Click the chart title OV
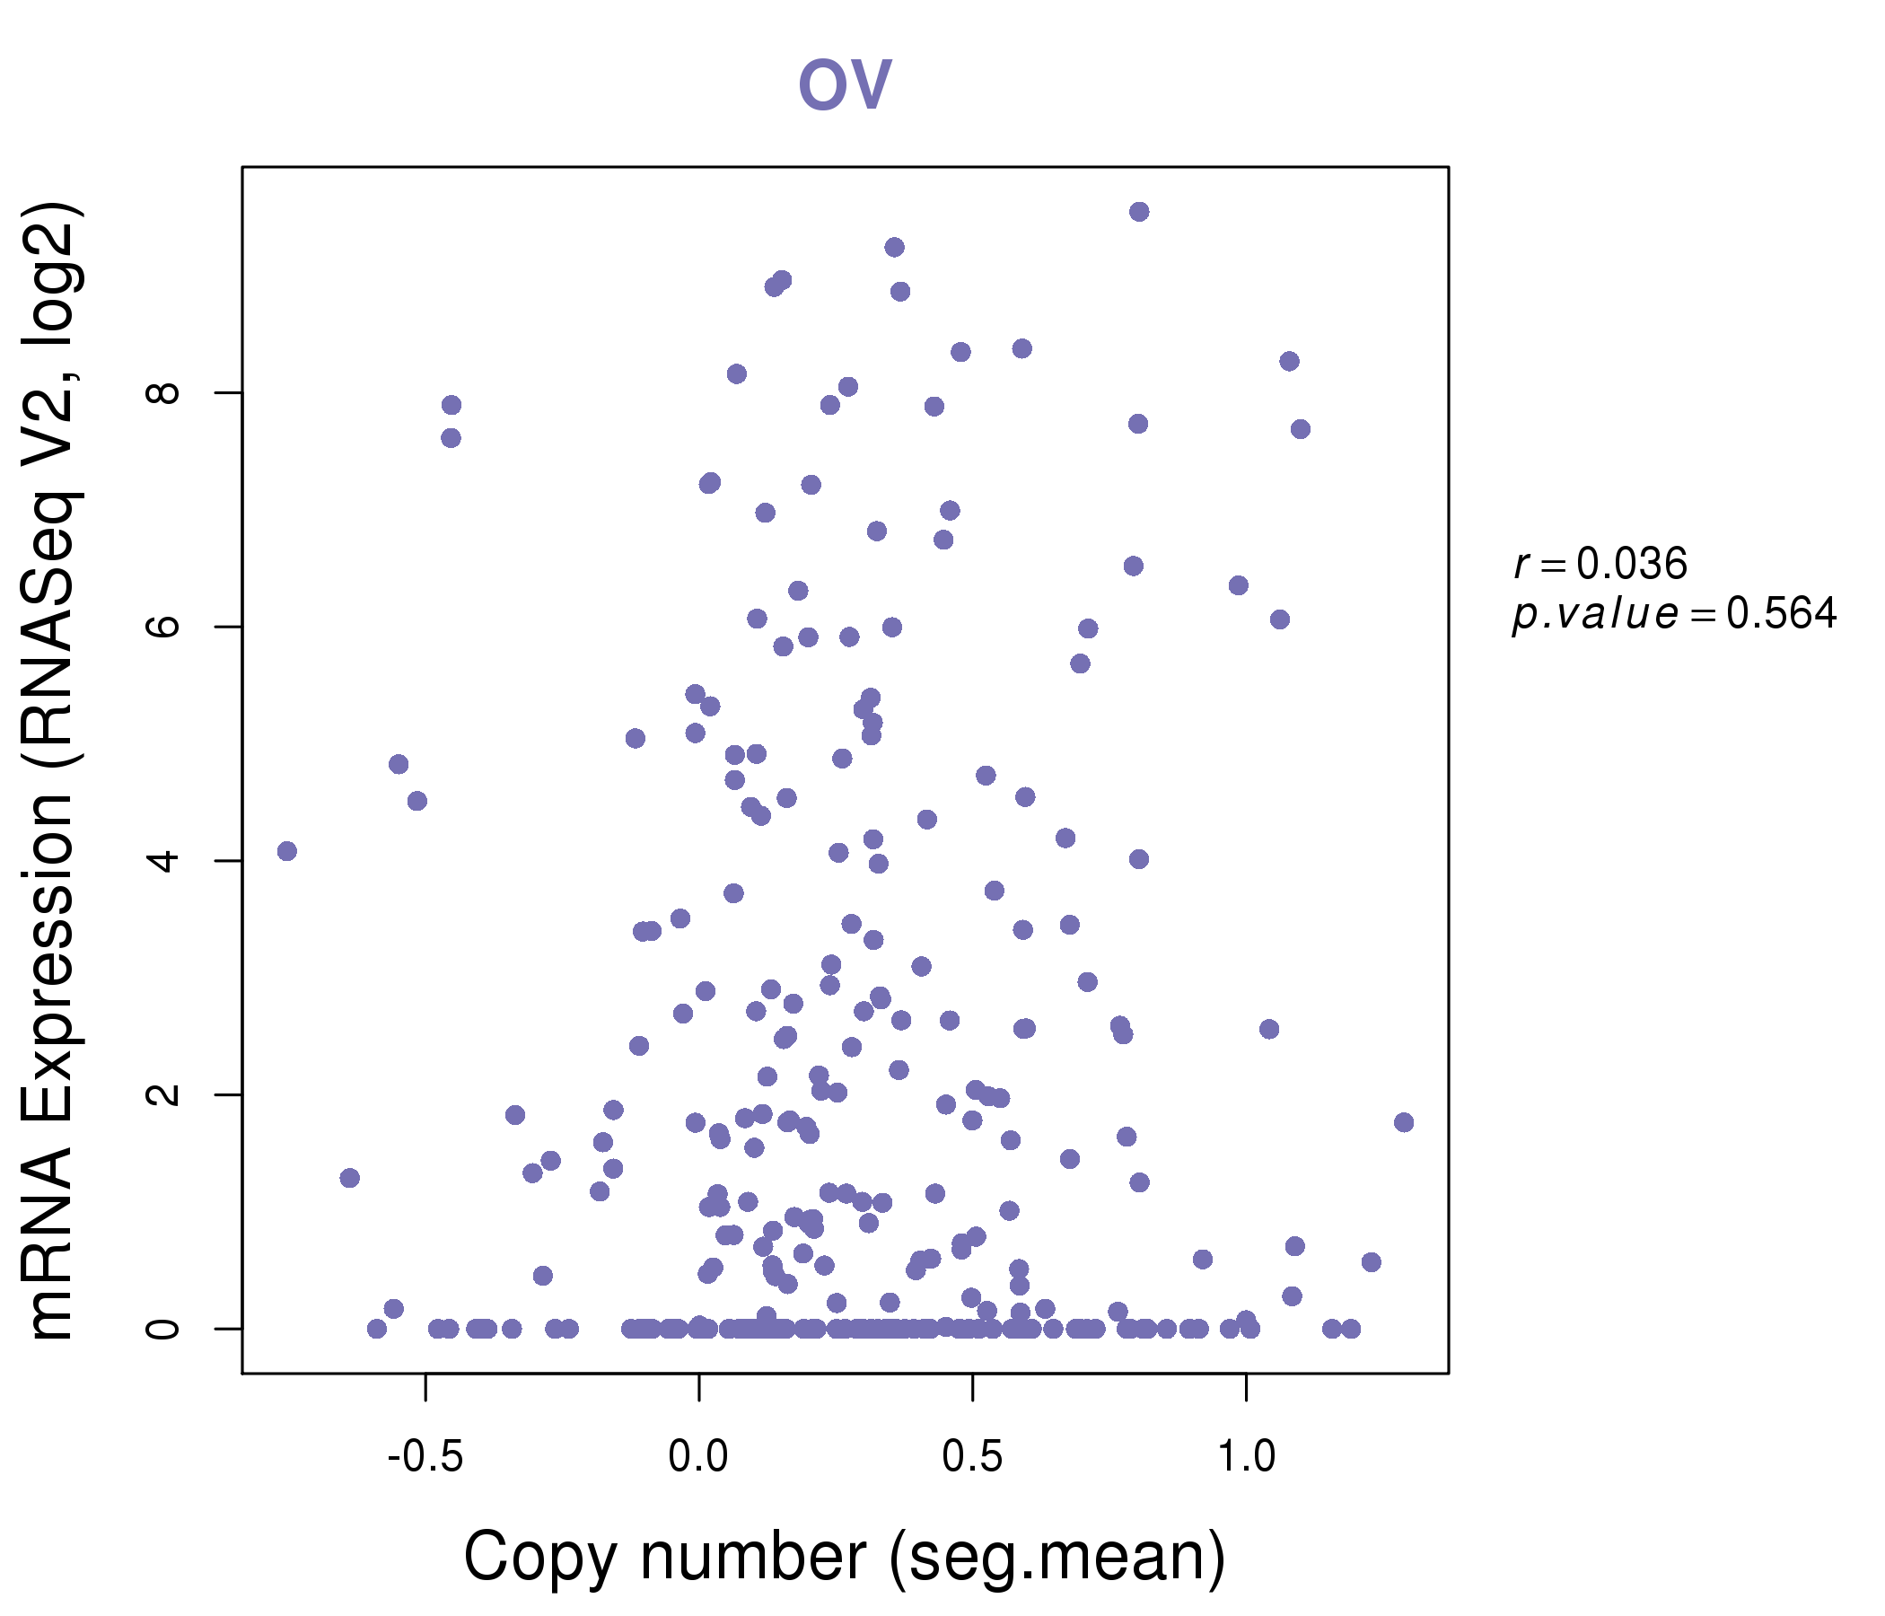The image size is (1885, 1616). tap(845, 83)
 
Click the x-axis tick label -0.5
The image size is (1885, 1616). tap(425, 1457)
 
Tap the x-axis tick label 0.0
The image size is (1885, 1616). tap(697, 1457)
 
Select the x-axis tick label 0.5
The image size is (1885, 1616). tap(971, 1457)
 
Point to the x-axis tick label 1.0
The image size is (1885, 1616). tap(1246, 1457)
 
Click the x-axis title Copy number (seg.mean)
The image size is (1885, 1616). tap(845, 1558)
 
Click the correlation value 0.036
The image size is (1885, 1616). tap(1631, 564)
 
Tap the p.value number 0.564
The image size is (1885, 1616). tap(1781, 614)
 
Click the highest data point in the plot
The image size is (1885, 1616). tap(1139, 212)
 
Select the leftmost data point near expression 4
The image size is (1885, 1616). tap(286, 851)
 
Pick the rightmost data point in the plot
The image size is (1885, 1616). tap(1404, 1122)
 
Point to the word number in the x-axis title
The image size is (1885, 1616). tap(752, 1558)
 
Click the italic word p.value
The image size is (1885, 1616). tap(1595, 616)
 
